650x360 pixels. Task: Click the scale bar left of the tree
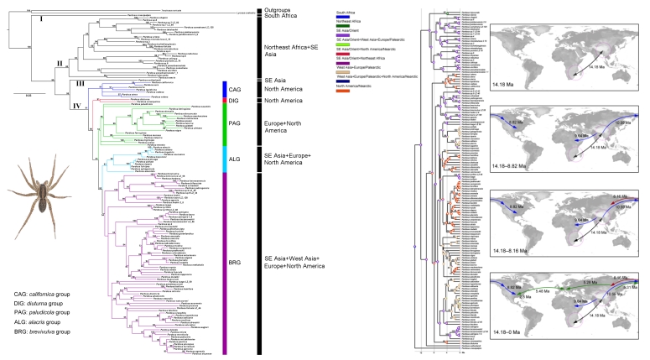(32, 95)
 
